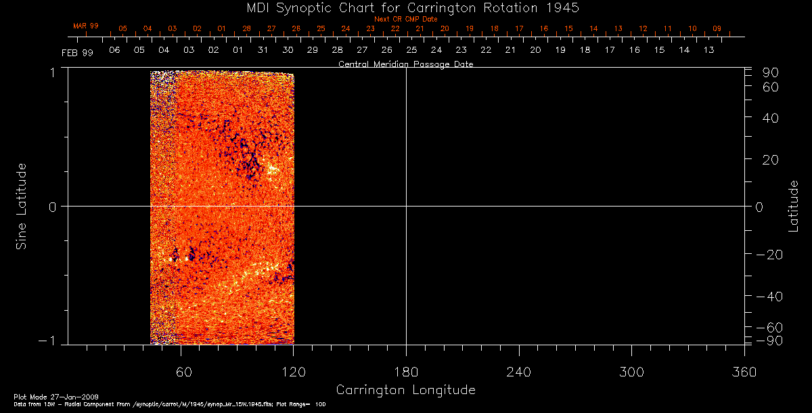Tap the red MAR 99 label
86,26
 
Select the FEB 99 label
78,52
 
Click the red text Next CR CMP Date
405,19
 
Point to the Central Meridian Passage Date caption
405,64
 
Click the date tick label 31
263,50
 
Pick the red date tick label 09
717,28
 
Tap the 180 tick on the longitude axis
406,372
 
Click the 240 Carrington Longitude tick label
518,372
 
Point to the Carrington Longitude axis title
405,390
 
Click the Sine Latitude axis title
22,206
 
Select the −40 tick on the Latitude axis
769,297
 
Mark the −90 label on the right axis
769,340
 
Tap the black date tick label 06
114,50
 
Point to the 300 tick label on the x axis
631,372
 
